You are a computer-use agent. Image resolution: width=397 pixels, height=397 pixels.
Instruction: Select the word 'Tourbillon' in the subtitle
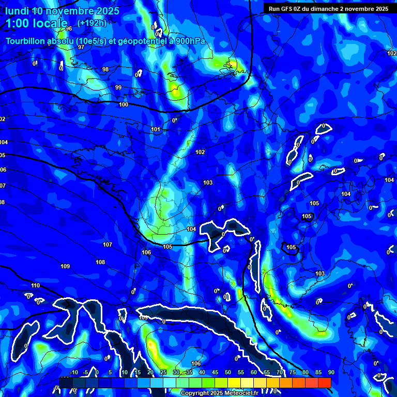(x=26, y=41)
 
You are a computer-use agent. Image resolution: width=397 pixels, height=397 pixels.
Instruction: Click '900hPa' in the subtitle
(x=191, y=41)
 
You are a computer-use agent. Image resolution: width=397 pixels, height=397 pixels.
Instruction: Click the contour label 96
(x=69, y=28)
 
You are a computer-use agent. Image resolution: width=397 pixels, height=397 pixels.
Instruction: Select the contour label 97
(x=81, y=47)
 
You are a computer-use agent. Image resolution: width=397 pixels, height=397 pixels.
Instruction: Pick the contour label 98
(x=105, y=69)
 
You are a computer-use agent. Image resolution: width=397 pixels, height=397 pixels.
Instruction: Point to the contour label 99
(x=118, y=87)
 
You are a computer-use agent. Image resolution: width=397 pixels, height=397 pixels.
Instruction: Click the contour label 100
(x=124, y=105)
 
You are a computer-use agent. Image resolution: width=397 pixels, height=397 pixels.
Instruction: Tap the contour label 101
(x=156, y=129)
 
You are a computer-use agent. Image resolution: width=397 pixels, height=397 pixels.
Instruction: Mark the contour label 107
(x=108, y=245)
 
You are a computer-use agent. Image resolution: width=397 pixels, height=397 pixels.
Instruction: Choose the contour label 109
(x=65, y=266)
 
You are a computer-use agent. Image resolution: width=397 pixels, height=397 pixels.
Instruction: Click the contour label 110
(x=35, y=285)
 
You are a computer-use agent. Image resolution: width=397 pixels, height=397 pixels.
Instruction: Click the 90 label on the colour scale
(x=331, y=372)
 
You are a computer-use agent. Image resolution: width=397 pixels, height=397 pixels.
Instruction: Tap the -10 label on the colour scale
(x=74, y=372)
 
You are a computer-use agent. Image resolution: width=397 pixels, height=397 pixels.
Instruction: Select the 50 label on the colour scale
(x=228, y=372)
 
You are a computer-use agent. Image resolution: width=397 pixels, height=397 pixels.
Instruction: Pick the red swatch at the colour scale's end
(x=324, y=383)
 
